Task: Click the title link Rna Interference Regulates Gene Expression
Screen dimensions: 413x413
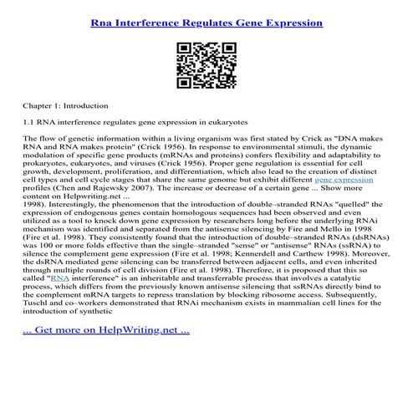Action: [x=206, y=23]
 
